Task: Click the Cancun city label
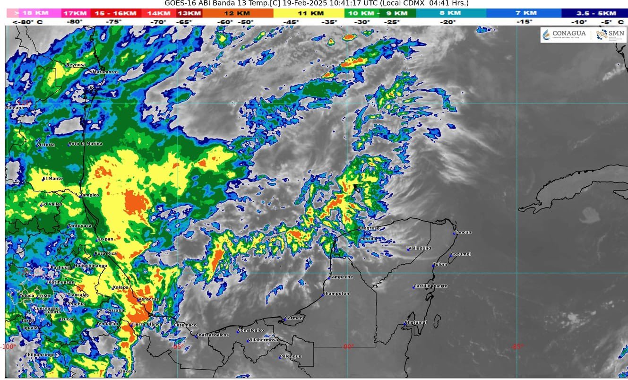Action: (463, 232)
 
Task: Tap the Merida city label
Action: (368, 239)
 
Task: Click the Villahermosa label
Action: (263, 340)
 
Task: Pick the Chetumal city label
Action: (416, 322)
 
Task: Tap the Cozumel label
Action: (461, 254)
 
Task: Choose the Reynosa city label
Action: (76, 65)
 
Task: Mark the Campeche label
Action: (341, 276)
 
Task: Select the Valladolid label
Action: (420, 248)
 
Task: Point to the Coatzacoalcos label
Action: (212, 335)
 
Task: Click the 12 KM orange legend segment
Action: (237, 13)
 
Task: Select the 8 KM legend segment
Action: (447, 13)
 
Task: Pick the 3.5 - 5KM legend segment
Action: (594, 13)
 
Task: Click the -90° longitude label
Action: (348, 346)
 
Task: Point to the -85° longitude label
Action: (517, 346)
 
